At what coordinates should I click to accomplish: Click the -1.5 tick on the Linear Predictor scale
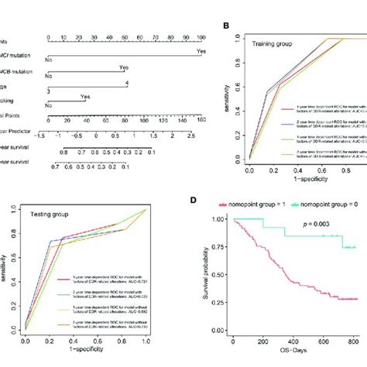click(48, 134)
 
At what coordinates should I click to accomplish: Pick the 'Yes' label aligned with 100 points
click(201, 52)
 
